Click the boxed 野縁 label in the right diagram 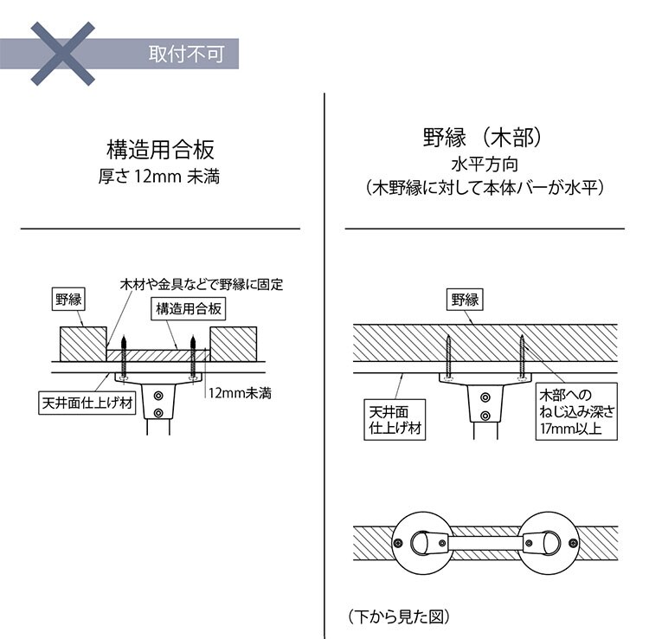click(465, 300)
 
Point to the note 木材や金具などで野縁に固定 click(202, 284)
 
